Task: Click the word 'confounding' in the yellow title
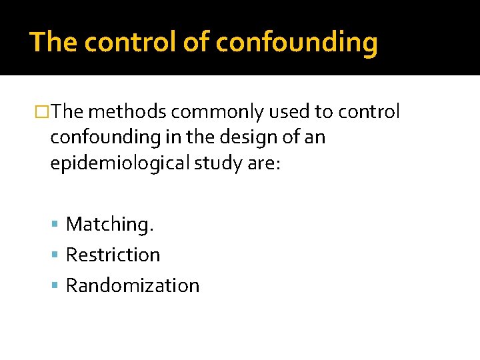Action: (297, 43)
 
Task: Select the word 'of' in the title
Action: (195, 43)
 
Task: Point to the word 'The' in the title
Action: (53, 43)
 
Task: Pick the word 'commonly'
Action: (206, 112)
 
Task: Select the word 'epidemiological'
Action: (121, 163)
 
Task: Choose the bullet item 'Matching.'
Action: (110, 225)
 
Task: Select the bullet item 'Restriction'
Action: (113, 255)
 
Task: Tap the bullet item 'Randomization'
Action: (133, 286)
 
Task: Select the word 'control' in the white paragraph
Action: (369, 112)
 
